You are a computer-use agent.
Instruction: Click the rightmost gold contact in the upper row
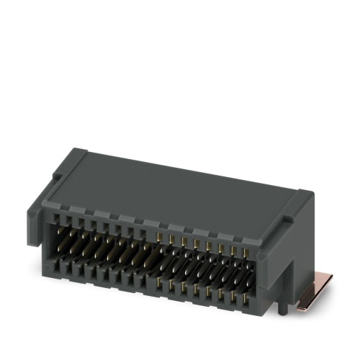click(245, 253)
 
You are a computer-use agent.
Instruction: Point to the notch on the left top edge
click(81, 152)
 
